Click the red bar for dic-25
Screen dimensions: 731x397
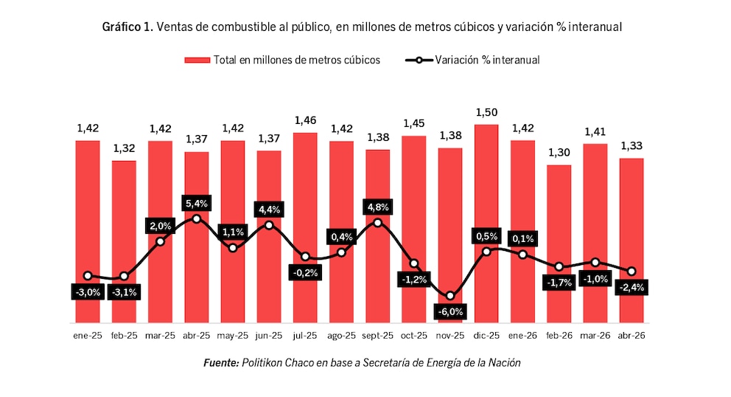click(x=486, y=224)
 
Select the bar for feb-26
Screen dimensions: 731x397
click(x=559, y=244)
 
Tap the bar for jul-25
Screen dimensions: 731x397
click(x=305, y=227)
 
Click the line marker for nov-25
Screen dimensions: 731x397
click(x=450, y=296)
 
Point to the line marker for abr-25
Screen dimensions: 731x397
click(x=196, y=218)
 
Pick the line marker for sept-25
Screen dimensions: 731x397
click(x=377, y=223)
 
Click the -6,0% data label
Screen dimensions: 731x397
click(x=450, y=311)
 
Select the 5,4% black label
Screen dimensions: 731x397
click(x=196, y=203)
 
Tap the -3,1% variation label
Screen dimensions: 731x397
click(x=124, y=292)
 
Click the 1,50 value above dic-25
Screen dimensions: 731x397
click(x=486, y=113)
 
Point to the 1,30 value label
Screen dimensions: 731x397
click(x=559, y=153)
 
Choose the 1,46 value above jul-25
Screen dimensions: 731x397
click(x=305, y=120)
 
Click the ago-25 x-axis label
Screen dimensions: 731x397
click(x=341, y=335)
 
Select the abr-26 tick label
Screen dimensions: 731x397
click(x=632, y=335)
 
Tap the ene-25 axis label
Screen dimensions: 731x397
click(x=88, y=335)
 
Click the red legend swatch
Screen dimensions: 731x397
click(x=197, y=60)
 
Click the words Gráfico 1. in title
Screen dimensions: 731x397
click(x=127, y=27)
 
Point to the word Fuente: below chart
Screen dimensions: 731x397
click(x=221, y=362)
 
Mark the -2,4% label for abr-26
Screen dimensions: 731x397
click(x=632, y=287)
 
